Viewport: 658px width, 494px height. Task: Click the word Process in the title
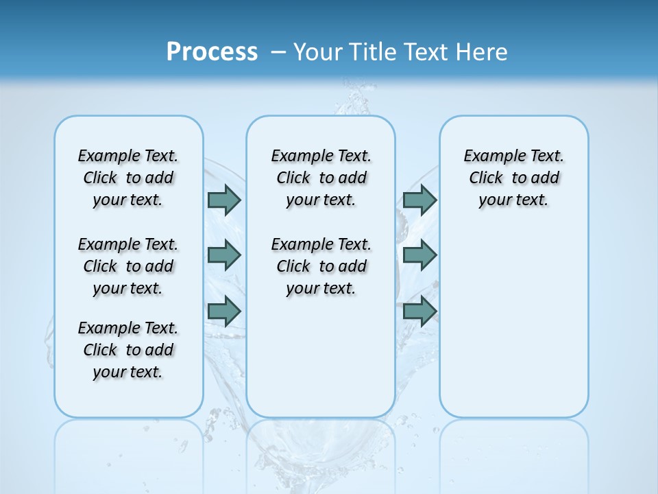[212, 52]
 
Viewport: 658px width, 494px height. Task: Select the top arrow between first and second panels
[224, 200]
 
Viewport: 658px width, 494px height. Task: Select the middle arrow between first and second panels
[224, 255]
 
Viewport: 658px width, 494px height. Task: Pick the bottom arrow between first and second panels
[224, 311]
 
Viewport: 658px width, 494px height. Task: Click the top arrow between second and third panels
[420, 200]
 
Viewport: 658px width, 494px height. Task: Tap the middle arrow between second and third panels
[420, 255]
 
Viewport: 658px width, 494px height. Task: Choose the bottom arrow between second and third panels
[420, 311]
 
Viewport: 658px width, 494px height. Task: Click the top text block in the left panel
[128, 178]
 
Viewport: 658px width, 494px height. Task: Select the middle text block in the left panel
[128, 266]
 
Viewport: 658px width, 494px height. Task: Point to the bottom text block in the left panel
[128, 350]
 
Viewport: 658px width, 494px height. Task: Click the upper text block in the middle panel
[321, 178]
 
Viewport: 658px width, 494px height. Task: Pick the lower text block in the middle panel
[321, 266]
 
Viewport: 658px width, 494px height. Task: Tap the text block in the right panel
[513, 178]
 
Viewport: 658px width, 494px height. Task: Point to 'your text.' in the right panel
[513, 200]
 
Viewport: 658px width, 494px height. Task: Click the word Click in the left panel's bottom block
[100, 350]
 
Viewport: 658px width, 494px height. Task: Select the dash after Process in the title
[278, 52]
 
